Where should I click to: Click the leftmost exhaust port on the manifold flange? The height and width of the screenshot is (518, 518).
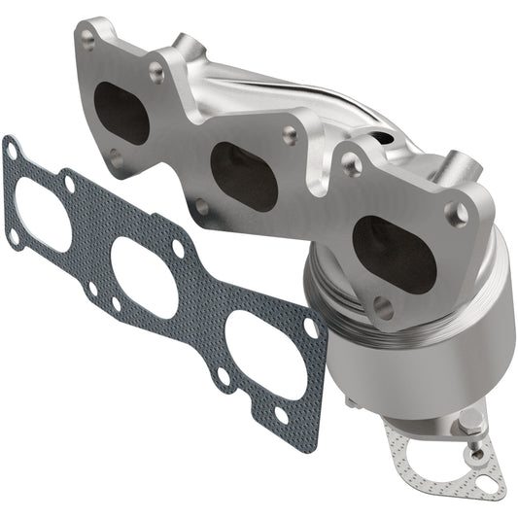(122, 112)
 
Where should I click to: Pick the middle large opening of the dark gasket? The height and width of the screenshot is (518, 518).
(144, 277)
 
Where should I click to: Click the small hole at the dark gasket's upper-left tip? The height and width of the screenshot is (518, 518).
(12, 151)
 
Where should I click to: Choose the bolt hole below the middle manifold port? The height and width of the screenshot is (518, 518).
(201, 206)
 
